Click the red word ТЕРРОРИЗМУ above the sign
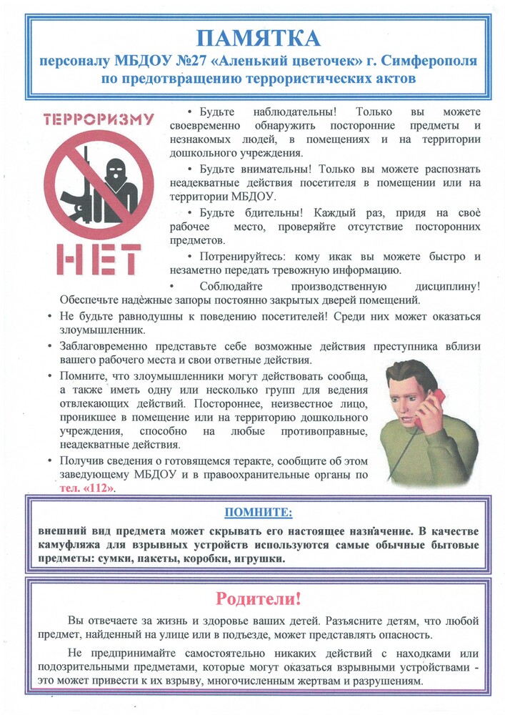coord(99,119)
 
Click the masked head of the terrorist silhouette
coord(114,171)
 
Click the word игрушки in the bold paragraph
coord(256,559)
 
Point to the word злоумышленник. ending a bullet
coord(96,331)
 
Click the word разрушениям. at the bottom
coord(389,682)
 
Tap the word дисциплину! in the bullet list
coord(448,285)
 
